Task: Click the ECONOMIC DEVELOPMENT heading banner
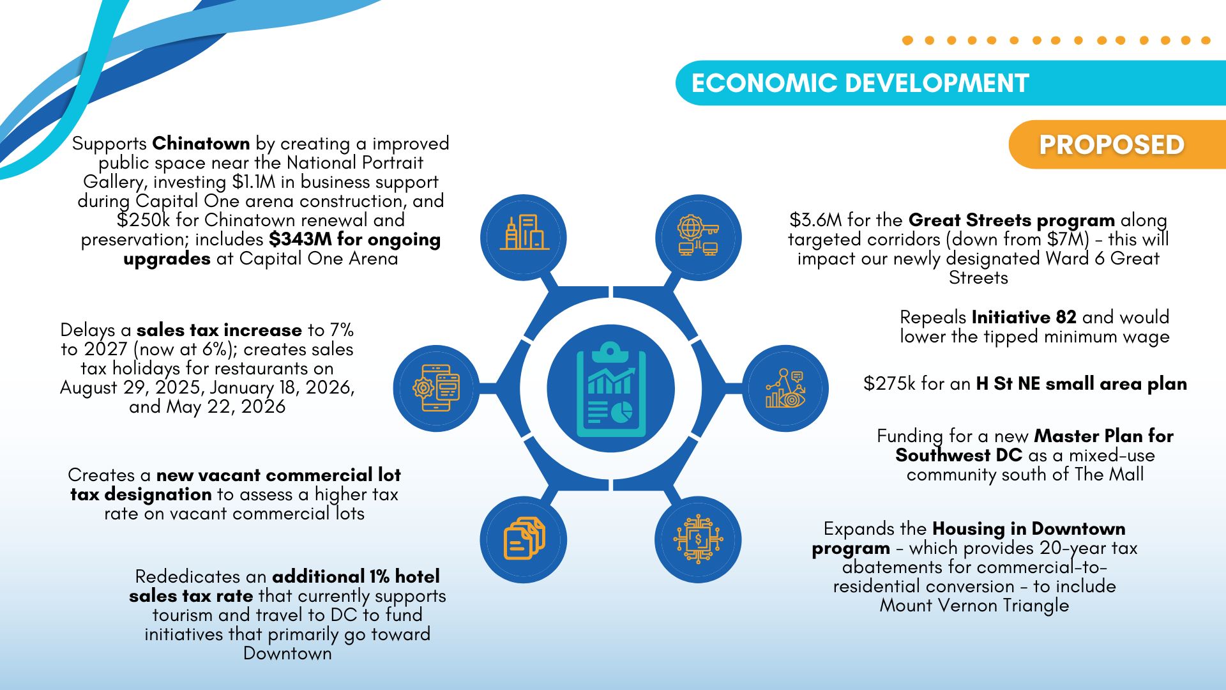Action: coord(951,83)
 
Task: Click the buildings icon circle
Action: coord(524,238)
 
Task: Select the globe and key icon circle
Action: coord(699,238)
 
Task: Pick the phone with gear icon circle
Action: coord(437,388)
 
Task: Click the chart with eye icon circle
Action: coord(785,388)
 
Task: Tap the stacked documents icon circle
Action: coord(524,539)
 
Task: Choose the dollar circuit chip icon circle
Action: coord(699,539)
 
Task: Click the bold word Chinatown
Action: coord(201,143)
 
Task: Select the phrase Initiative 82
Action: coord(1024,317)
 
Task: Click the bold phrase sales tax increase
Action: coord(219,330)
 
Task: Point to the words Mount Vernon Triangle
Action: coord(974,606)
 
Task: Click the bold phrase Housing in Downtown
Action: coord(1029,529)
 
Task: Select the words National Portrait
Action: coord(355,163)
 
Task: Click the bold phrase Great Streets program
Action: coord(1011,220)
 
